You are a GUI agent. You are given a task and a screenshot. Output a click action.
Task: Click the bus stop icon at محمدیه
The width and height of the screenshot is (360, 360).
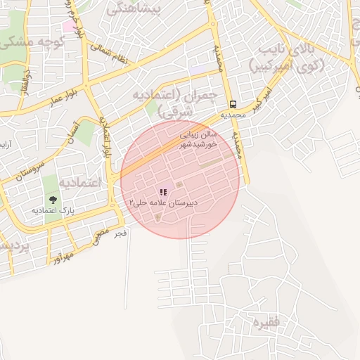pos(233,103)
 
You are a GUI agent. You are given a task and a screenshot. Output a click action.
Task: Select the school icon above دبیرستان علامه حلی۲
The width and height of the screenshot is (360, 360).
pos(163,191)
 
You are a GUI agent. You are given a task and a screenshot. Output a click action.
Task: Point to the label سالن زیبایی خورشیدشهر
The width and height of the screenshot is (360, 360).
pos(199,137)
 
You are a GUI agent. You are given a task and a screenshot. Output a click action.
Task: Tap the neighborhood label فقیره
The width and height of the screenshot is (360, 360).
pos(266,323)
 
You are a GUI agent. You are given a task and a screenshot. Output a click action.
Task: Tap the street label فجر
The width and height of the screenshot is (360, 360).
pos(121,232)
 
